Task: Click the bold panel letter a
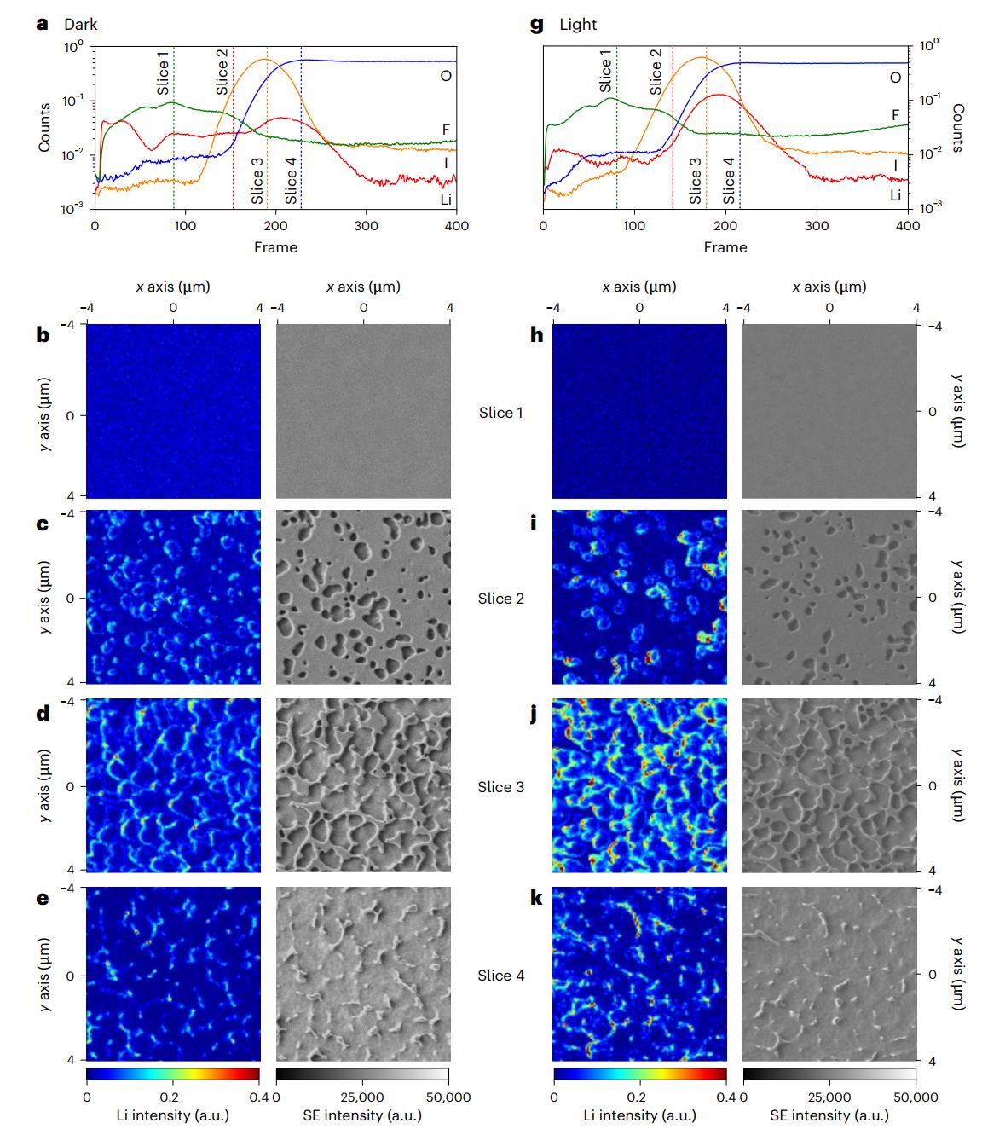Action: coord(43,24)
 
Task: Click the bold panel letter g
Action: coord(536,24)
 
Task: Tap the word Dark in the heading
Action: coord(81,24)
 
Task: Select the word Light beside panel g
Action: coord(578,24)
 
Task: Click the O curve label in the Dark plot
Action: coord(446,76)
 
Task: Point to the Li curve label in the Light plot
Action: coord(895,195)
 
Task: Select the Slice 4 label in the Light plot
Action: coord(729,180)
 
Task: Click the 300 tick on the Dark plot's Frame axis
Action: coord(367,226)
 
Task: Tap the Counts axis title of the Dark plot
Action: coord(44,128)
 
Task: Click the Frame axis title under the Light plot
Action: coord(725,247)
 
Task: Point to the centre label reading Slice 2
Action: coord(501,599)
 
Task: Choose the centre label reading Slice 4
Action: coord(501,976)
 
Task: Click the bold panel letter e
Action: coord(43,898)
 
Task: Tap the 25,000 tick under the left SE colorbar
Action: coord(363,1097)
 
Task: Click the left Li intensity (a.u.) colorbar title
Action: coord(173,1115)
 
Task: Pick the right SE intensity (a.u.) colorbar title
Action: coord(829,1115)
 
